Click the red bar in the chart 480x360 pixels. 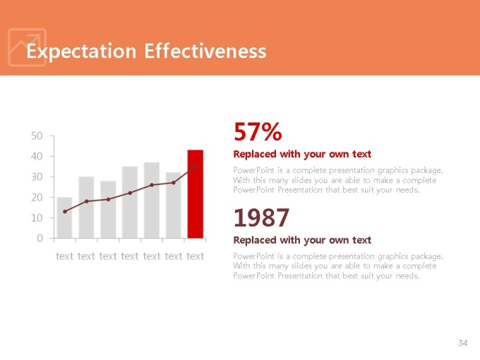tap(195, 194)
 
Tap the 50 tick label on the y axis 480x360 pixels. tap(36, 136)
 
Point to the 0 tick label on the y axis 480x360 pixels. tap(40, 239)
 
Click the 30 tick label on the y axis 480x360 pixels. tap(36, 176)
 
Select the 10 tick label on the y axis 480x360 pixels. tap(36, 218)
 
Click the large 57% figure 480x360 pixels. tap(258, 132)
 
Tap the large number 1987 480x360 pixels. tap(261, 217)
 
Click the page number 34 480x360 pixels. tap(462, 343)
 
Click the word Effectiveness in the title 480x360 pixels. tap(205, 52)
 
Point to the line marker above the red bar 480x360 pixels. tap(196, 167)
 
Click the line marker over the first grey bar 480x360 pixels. tap(65, 211)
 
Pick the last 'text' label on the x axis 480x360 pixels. tap(196, 256)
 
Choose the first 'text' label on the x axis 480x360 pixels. tap(64, 256)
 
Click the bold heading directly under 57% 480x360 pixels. tap(302, 154)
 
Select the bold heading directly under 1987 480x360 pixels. tap(302, 240)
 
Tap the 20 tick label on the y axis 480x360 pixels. tap(36, 198)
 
